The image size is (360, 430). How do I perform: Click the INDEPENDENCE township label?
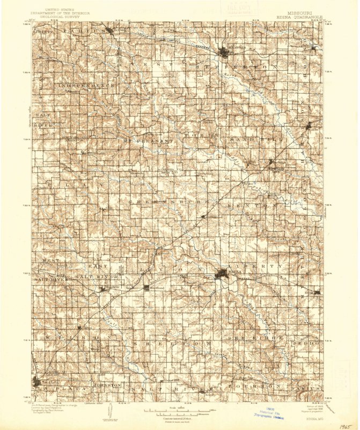coord(87,86)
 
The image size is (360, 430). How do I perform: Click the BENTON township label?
coord(247,205)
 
